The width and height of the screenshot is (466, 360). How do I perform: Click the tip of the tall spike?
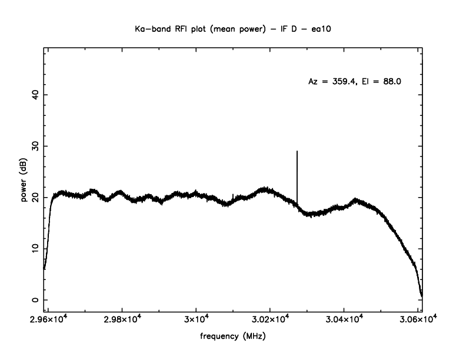point(297,151)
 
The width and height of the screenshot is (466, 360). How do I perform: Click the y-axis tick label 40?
point(35,95)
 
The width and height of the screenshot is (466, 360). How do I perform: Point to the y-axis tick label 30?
point(35,146)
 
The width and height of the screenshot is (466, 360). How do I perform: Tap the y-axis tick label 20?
point(35,198)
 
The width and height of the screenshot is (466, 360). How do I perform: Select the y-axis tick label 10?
point(35,249)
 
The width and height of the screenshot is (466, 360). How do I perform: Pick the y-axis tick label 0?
point(35,300)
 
